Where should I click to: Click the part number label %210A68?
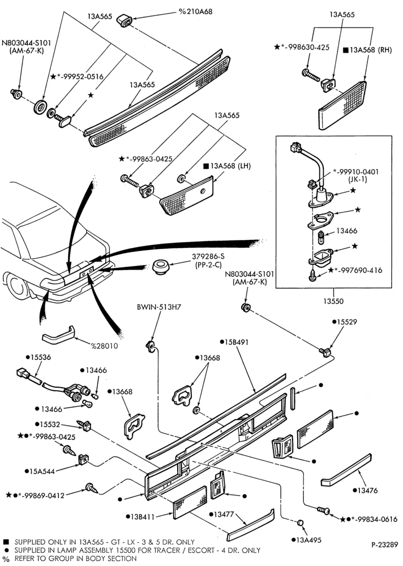click(x=195, y=11)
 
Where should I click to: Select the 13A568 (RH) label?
click(x=367, y=50)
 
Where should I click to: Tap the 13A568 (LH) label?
click(x=227, y=166)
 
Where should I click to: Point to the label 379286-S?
click(x=208, y=256)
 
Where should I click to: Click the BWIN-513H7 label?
click(x=158, y=307)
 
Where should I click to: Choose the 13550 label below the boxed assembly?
click(x=333, y=301)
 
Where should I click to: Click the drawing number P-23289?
click(x=384, y=544)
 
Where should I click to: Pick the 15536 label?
click(x=38, y=357)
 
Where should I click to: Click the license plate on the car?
click(x=86, y=273)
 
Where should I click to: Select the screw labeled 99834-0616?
click(x=323, y=511)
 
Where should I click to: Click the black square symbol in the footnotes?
click(x=6, y=542)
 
